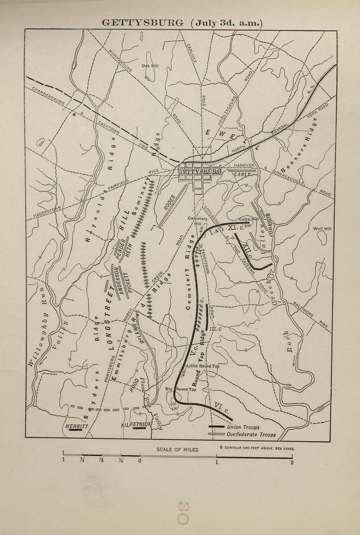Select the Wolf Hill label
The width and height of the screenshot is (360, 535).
(322, 229)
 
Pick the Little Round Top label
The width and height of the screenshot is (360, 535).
(203, 366)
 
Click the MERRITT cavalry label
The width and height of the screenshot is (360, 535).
(77, 426)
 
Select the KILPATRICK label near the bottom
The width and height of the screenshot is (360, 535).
(136, 425)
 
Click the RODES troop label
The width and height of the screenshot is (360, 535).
(171, 204)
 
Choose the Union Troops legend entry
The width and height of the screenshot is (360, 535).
(243, 427)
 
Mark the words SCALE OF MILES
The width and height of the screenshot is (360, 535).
(177, 449)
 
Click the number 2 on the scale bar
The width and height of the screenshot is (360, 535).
(291, 463)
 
